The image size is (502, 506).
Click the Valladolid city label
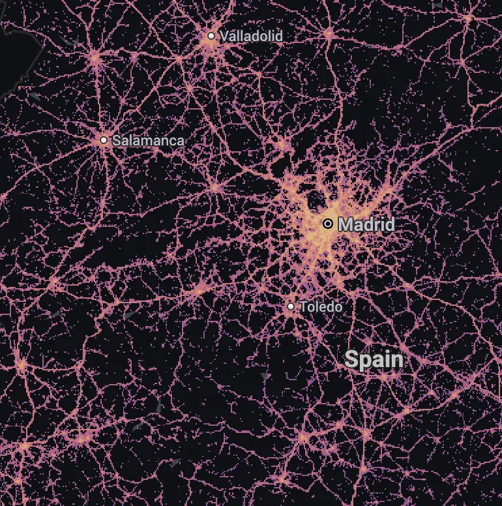pyautogui.click(x=252, y=36)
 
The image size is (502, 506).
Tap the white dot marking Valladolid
pyautogui.click(x=211, y=36)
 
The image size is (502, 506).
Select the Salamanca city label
pyautogui.click(x=148, y=140)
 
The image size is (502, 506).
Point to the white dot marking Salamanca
pyautogui.click(x=104, y=140)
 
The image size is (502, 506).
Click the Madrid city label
pyautogui.click(x=366, y=225)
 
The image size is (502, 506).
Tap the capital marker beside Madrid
pyautogui.click(x=328, y=224)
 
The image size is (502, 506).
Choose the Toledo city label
pyautogui.click(x=321, y=306)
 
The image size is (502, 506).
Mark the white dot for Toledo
pyautogui.click(x=291, y=306)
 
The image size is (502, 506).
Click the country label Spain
pyautogui.click(x=374, y=359)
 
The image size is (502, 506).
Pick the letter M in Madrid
pyautogui.click(x=346, y=225)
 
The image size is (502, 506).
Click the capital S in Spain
pyautogui.click(x=351, y=359)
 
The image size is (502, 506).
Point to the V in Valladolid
pyautogui.click(x=224, y=36)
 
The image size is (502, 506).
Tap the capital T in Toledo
pyautogui.click(x=303, y=306)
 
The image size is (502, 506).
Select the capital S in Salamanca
pyautogui.click(x=116, y=140)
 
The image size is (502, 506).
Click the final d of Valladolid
pyautogui.click(x=279, y=36)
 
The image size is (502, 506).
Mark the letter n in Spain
pyautogui.click(x=396, y=360)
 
